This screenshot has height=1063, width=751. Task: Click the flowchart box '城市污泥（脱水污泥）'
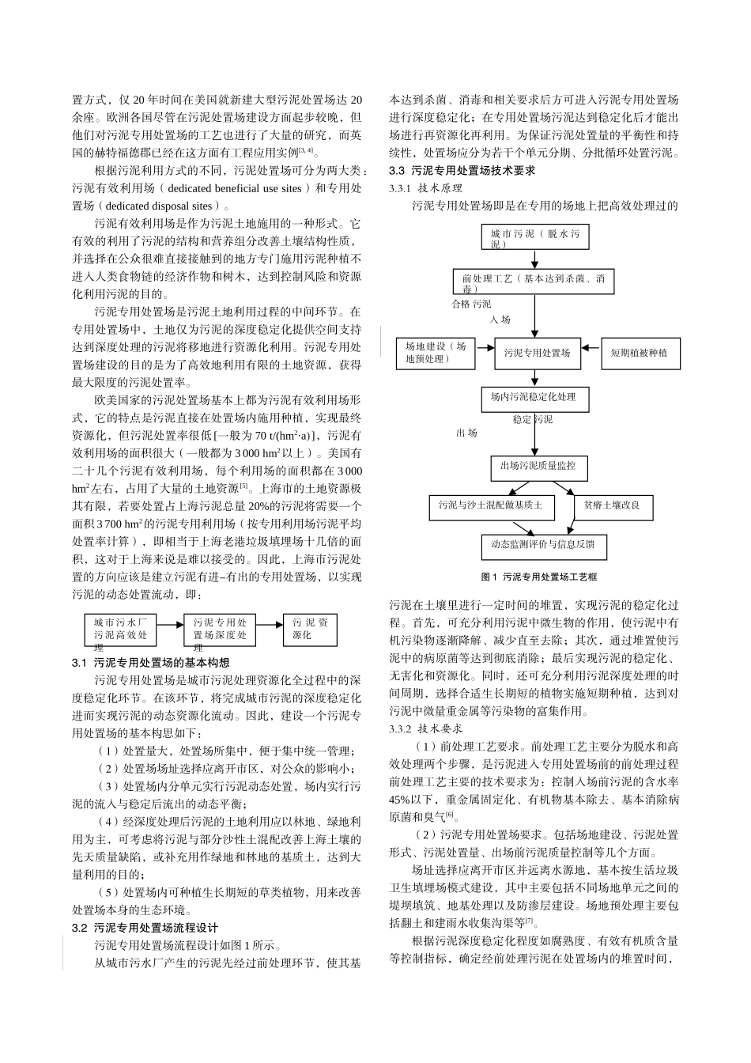tap(535, 238)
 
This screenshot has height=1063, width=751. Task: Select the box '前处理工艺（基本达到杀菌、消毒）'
tap(534, 283)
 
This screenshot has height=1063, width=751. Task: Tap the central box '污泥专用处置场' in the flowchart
tap(537, 353)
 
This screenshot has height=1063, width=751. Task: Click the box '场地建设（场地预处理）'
tap(436, 352)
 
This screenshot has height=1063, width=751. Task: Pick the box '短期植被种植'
tap(639, 353)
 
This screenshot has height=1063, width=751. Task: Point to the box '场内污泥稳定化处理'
tap(534, 398)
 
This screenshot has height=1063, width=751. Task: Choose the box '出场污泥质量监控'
tap(538, 467)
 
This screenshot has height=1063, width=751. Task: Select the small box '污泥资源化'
tap(311, 629)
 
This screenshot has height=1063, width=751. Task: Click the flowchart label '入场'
tap(500, 320)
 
